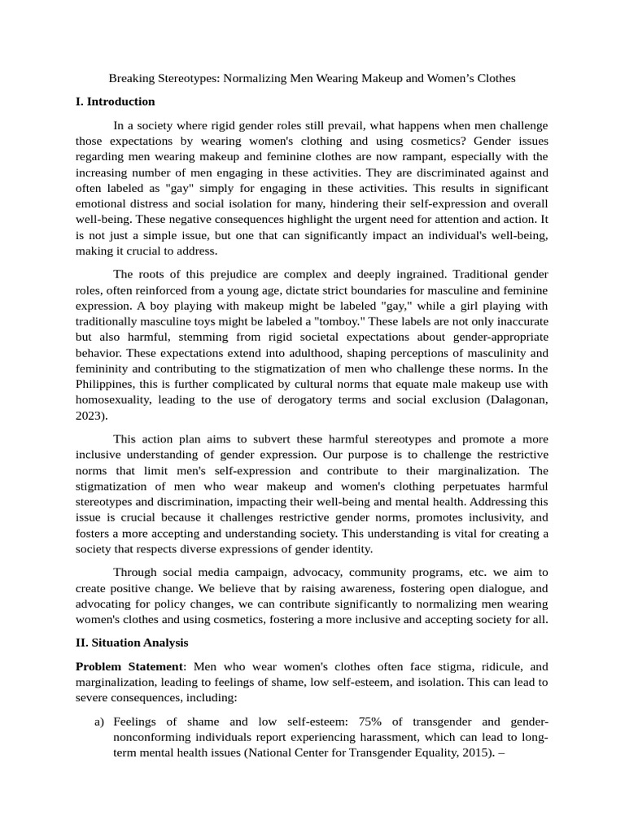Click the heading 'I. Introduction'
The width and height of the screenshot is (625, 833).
[x=115, y=102]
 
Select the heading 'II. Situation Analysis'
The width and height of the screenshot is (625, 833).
[x=132, y=643]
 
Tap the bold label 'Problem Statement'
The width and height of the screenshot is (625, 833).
[x=129, y=666]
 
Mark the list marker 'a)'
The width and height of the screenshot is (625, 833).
[x=98, y=722]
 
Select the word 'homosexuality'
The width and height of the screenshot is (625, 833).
[x=114, y=399]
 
